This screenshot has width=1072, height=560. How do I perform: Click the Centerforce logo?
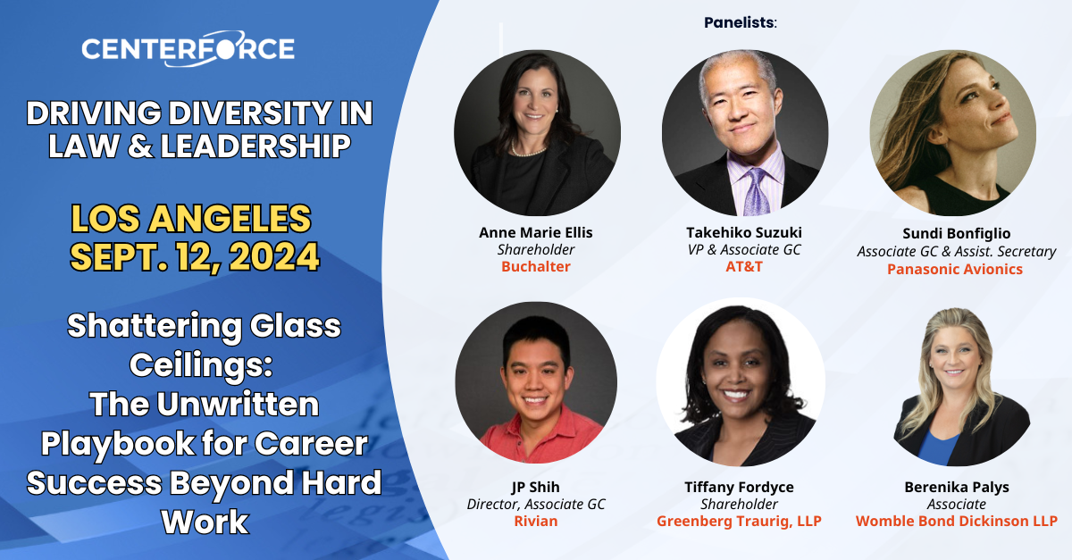[188, 49]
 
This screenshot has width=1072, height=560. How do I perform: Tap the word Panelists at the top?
[741, 22]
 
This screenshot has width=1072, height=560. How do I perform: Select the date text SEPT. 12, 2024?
[195, 256]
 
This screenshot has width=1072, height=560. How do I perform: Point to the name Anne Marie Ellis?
[535, 233]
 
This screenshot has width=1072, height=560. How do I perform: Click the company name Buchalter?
[535, 267]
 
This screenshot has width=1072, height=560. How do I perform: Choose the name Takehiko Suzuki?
[743, 233]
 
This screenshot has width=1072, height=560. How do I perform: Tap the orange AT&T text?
[743, 267]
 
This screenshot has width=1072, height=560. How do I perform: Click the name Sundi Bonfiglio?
[956, 234]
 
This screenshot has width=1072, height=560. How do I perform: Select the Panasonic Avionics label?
[955, 269]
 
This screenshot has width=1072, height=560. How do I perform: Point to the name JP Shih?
[535, 487]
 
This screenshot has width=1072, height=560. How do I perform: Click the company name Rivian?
[535, 521]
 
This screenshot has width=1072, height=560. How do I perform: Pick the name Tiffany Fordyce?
[738, 487]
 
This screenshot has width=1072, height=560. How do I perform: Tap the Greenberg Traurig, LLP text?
[739, 521]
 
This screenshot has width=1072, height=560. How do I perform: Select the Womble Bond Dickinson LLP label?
[956, 521]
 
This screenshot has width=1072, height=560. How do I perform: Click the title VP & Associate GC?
[743, 250]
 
